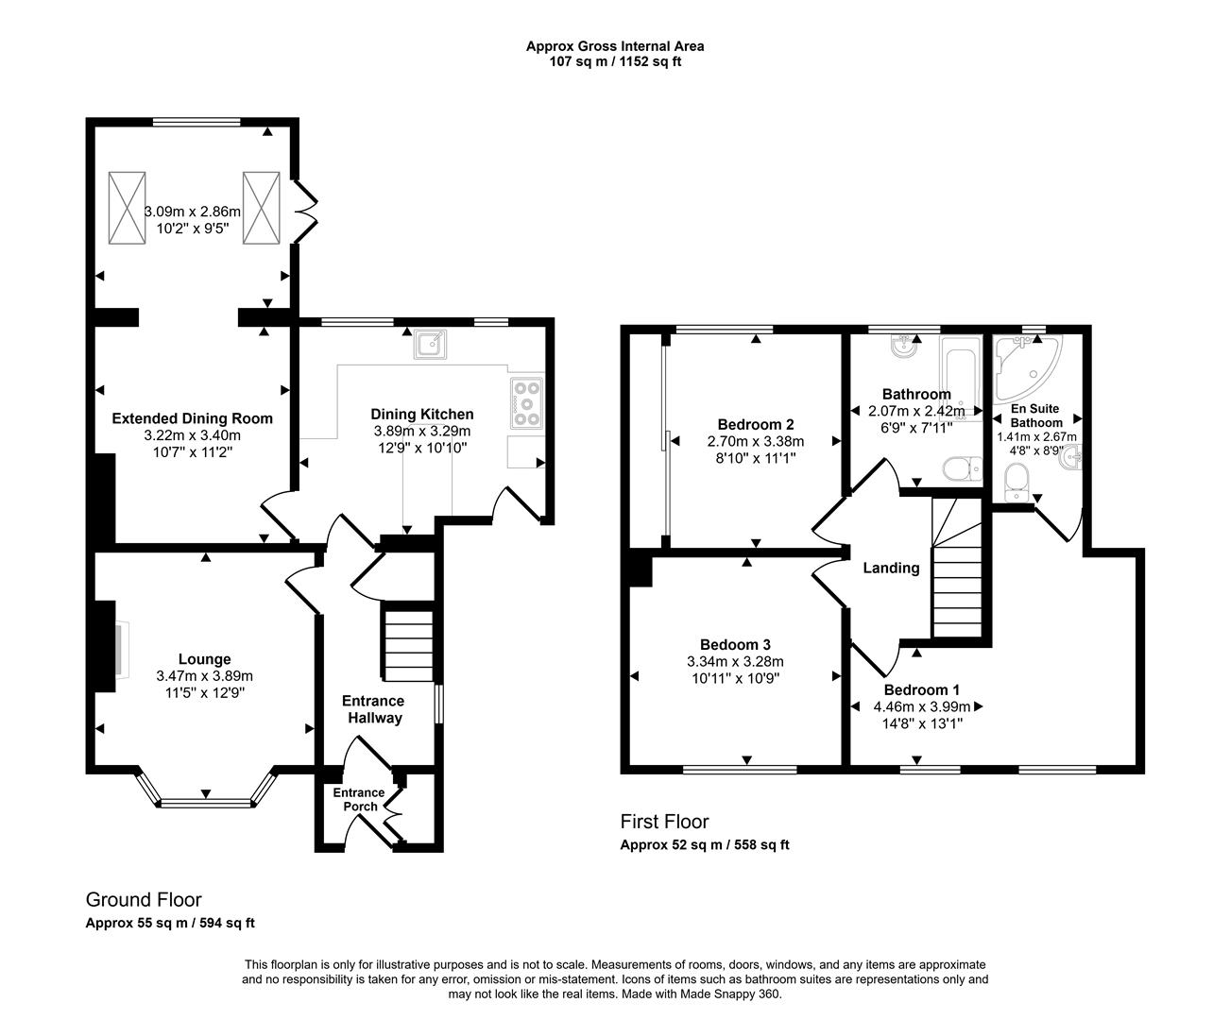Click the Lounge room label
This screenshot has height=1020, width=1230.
[205, 659]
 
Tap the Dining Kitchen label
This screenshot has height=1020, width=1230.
[421, 414]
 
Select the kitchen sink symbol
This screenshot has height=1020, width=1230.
[431, 346]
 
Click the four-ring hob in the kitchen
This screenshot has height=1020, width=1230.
[527, 403]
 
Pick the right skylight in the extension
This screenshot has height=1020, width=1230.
[261, 208]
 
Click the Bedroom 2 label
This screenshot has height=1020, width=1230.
[755, 424]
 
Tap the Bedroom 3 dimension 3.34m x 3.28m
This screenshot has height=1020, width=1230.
[737, 661]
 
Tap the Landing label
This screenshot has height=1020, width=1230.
[891, 568]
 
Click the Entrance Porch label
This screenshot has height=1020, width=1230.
[359, 799]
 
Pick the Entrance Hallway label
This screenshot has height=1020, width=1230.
[372, 709]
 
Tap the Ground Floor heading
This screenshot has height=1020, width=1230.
[144, 899]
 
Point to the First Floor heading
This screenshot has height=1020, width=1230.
[664, 821]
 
